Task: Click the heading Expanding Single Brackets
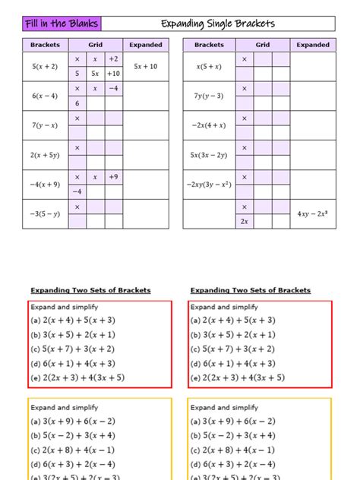218,24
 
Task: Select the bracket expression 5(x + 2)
45,66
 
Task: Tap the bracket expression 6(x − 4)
45,96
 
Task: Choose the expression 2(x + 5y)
45,155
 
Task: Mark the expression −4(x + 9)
45,185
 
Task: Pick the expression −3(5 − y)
45,214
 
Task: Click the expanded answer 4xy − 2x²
313,214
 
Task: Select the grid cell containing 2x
245,222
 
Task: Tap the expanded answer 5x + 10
145,66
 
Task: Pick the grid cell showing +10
113,74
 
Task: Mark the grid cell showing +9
113,177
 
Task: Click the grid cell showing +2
113,58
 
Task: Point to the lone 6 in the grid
77,103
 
